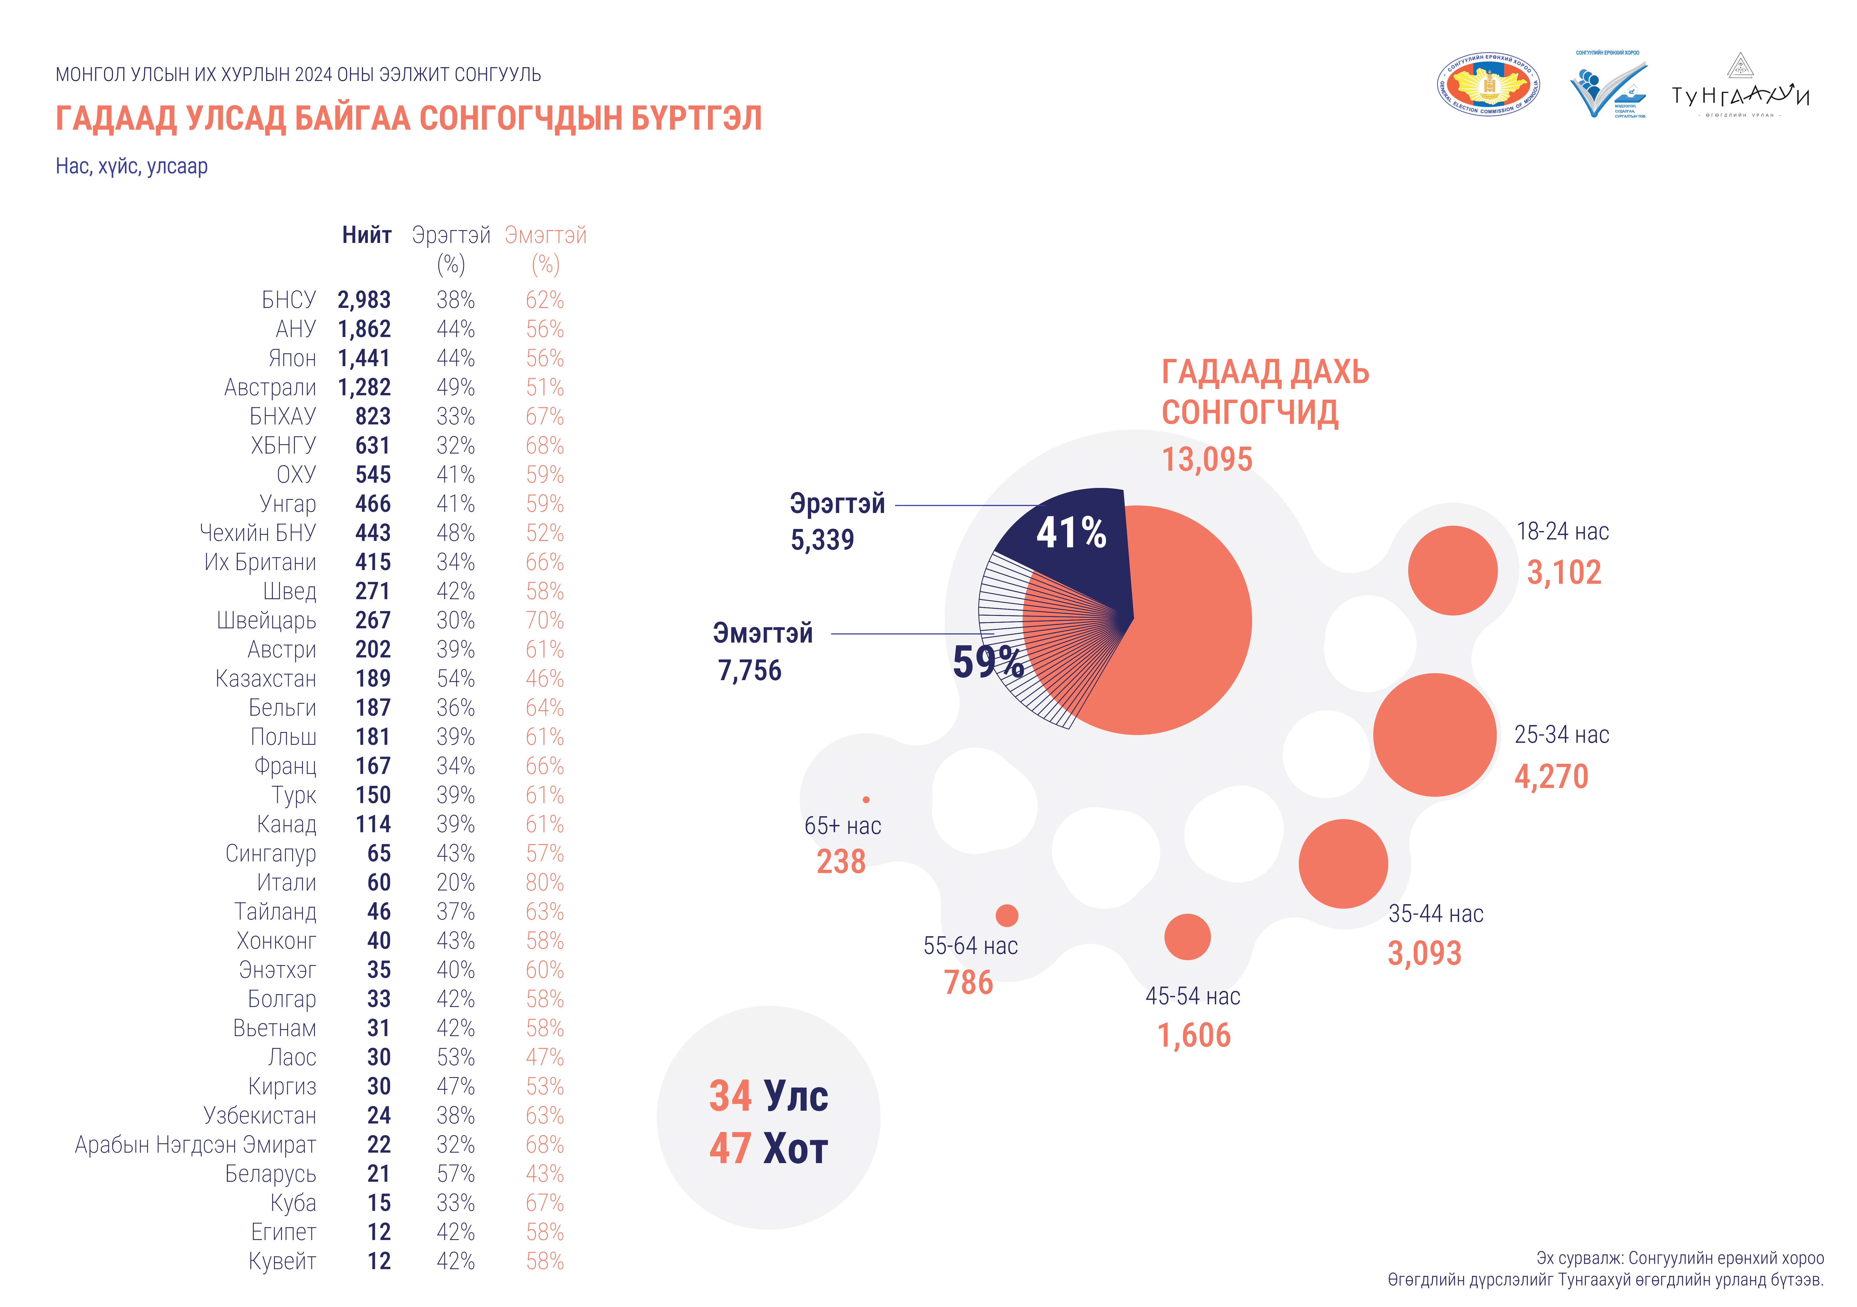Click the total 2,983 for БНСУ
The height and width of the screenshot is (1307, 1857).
click(364, 300)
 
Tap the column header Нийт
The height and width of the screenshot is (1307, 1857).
click(366, 235)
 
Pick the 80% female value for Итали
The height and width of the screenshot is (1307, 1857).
click(544, 882)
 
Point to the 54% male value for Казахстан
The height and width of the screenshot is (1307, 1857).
click(455, 679)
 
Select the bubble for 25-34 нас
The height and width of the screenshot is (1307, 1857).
click(1435, 734)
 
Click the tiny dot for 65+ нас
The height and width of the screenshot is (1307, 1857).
click(866, 799)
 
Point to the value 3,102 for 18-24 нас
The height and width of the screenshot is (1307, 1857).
click(1563, 573)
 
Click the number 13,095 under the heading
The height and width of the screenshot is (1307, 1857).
click(1207, 459)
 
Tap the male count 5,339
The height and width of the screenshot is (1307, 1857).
click(822, 539)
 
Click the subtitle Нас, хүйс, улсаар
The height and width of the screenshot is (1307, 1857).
click(132, 167)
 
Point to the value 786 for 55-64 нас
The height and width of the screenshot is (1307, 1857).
click(968, 983)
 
